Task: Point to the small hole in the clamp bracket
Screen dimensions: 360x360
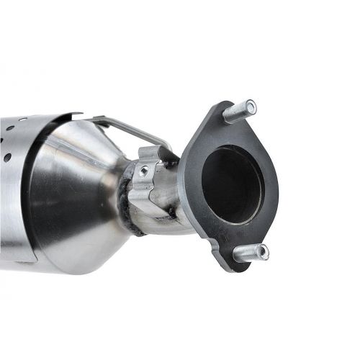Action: [x=144, y=171]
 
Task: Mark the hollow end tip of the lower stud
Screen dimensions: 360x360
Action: [x=263, y=253]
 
